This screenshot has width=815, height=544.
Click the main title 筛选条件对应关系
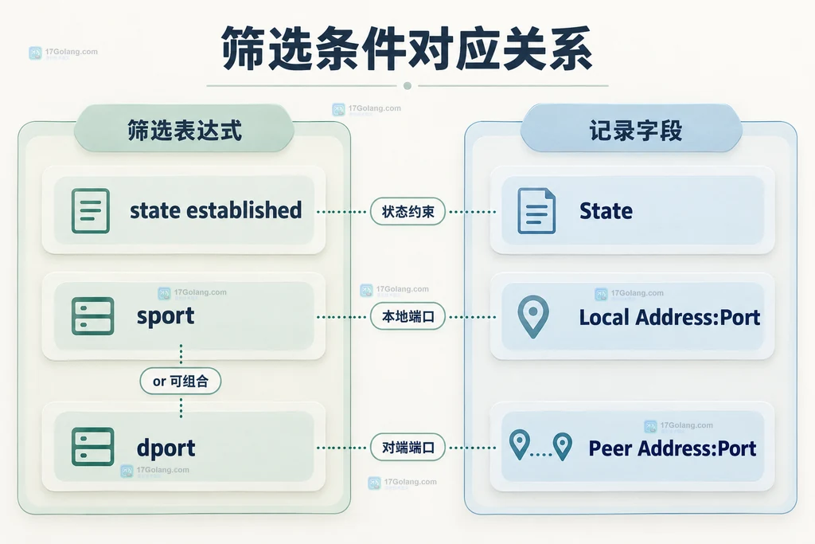click(407, 49)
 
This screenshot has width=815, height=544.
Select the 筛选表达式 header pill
click(184, 129)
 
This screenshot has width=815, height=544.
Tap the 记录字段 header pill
click(631, 129)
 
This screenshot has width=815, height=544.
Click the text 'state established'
click(216, 210)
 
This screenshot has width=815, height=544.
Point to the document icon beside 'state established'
click(91, 210)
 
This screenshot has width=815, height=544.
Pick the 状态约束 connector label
click(407, 212)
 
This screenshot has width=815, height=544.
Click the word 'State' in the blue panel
click(606, 210)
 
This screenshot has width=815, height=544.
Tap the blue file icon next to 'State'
click(536, 210)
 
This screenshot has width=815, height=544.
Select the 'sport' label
click(166, 316)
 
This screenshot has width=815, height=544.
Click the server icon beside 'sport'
click(92, 315)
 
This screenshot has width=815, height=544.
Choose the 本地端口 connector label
click(407, 316)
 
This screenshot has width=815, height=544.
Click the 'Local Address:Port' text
click(669, 317)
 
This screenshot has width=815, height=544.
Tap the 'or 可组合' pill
click(181, 382)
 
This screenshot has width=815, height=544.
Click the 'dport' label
click(166, 448)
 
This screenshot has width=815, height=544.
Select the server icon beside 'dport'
click(92, 446)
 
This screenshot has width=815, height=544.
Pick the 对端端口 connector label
click(407, 448)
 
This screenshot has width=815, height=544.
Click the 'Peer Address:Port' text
click(672, 448)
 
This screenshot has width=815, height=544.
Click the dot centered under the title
click(407, 86)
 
